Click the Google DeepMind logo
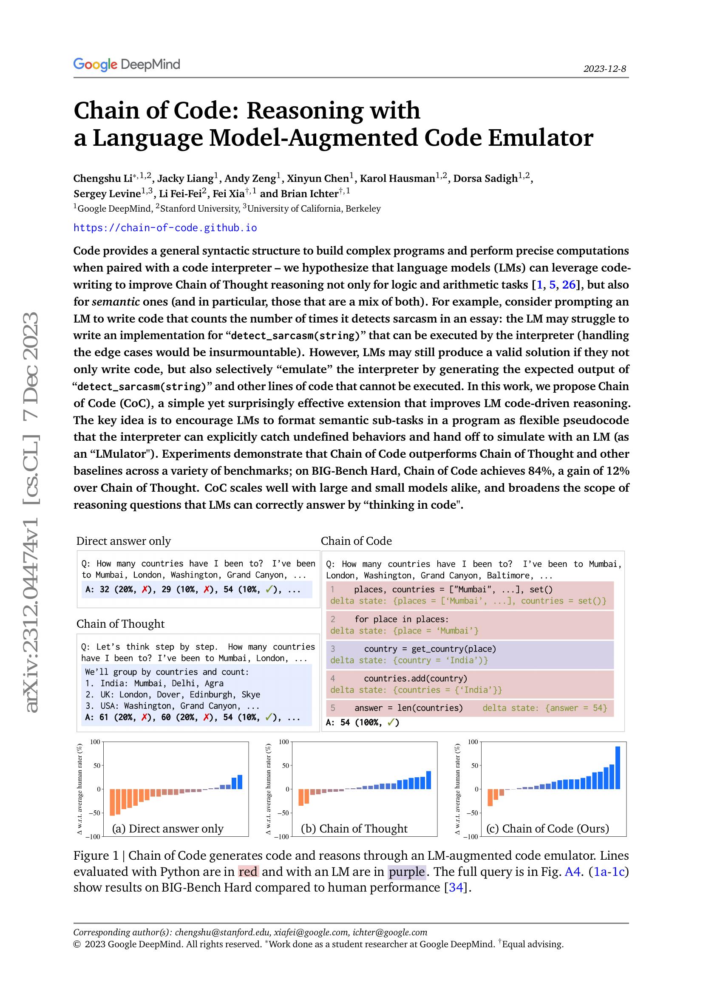point(126,65)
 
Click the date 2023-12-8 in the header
point(604,69)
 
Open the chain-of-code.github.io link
point(165,228)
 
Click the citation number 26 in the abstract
point(569,285)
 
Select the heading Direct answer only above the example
point(123,541)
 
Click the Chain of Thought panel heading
point(120,623)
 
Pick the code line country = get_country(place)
point(430,649)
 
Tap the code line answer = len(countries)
point(408,708)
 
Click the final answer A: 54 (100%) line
point(362,722)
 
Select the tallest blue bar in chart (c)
point(618,767)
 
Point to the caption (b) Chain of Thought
point(354,828)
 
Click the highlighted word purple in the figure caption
point(407,872)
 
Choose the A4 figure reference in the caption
point(572,872)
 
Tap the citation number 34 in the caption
point(456,887)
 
